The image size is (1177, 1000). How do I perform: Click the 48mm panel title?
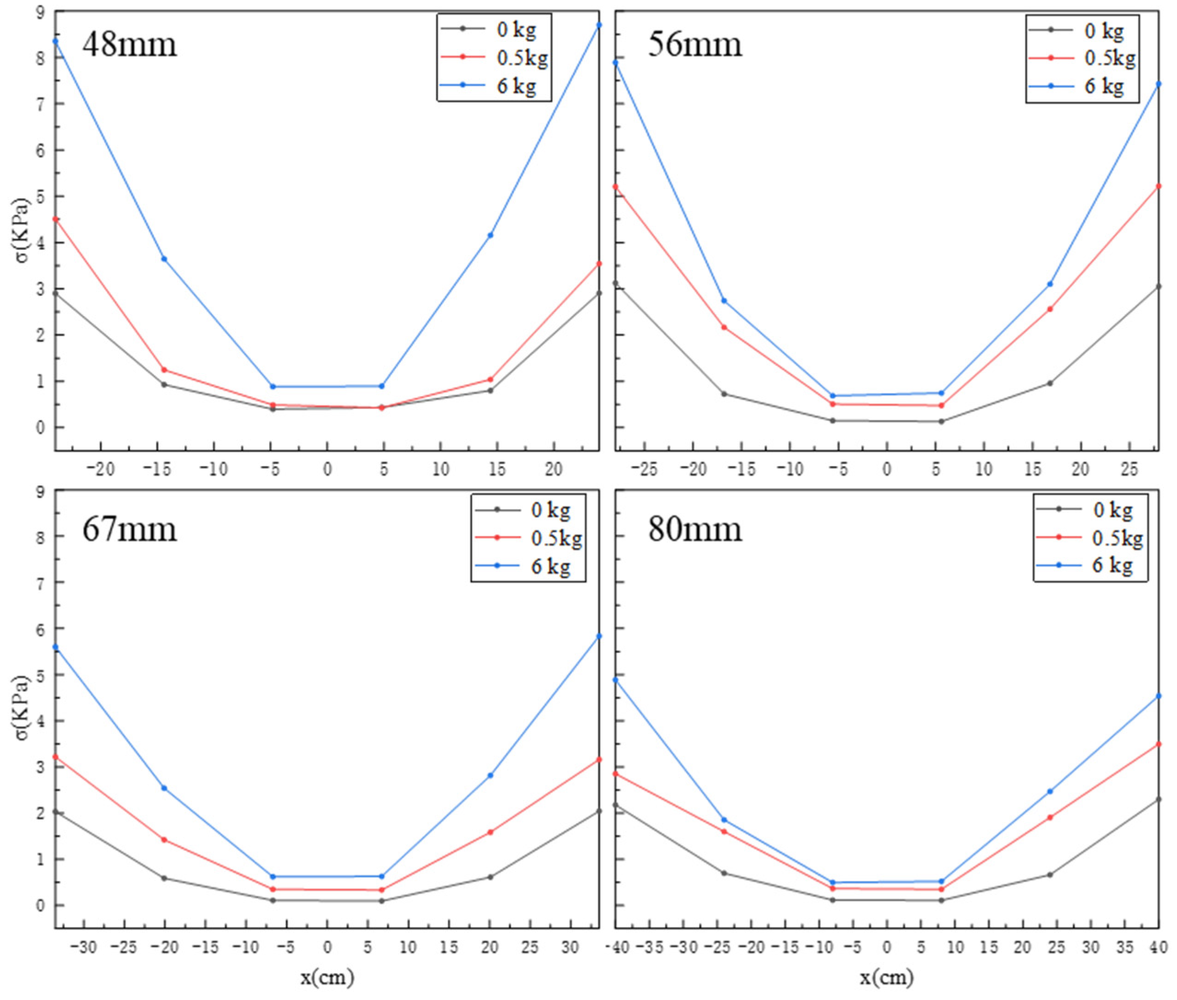coord(129,44)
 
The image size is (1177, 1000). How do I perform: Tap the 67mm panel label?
coord(129,529)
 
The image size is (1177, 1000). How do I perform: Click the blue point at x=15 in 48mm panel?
coord(490,235)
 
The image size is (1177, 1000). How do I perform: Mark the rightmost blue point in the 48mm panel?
coord(599,25)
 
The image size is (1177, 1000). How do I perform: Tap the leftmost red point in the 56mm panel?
coord(616,186)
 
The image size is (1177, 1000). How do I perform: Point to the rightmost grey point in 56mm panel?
coord(1158,286)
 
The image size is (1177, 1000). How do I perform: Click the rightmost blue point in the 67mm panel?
coord(599,636)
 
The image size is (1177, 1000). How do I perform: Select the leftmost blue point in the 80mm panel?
coord(616,680)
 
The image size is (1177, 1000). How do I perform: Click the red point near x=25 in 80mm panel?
coord(1050,817)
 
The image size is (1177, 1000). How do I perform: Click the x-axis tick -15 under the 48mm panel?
coord(158,469)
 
